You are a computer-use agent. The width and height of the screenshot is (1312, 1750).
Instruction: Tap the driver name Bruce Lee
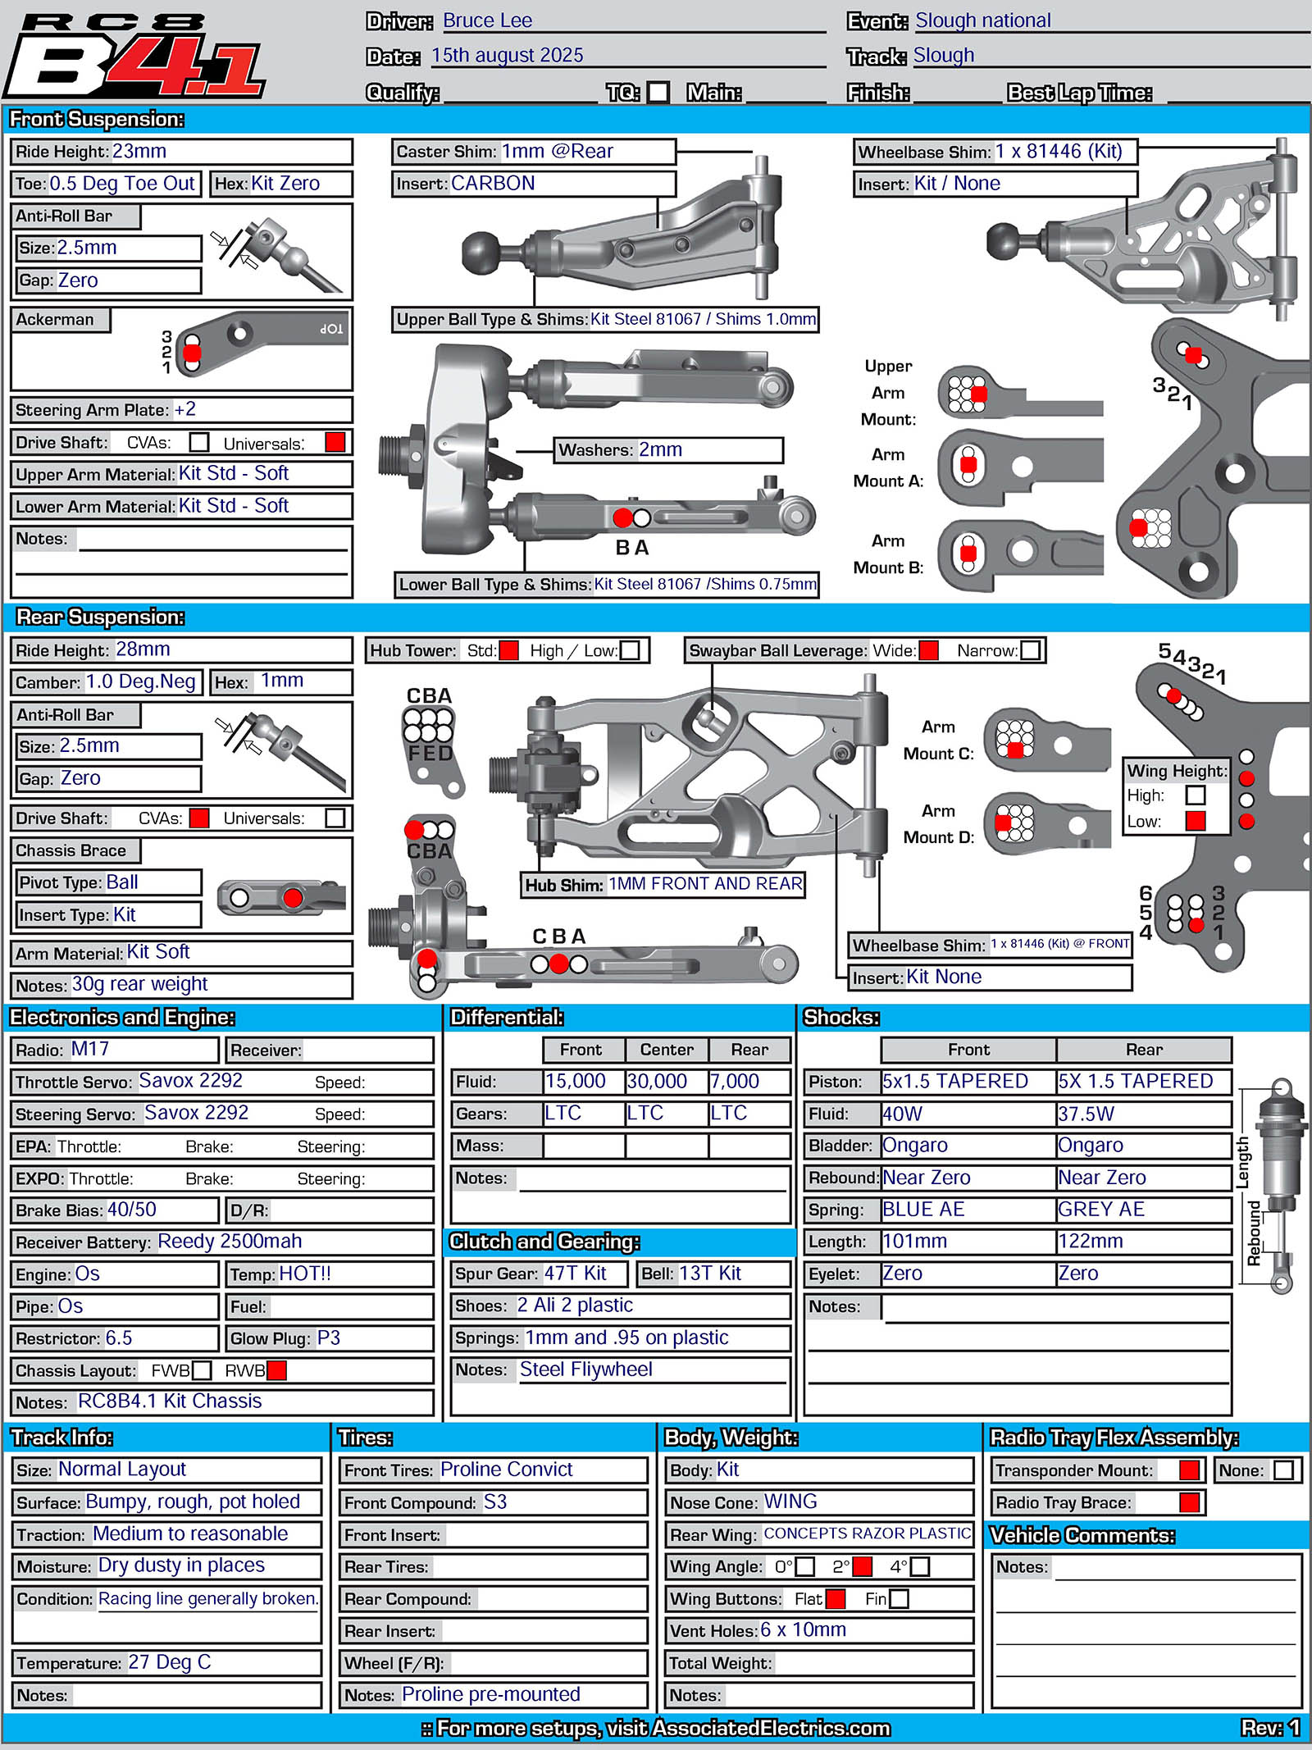coord(487,21)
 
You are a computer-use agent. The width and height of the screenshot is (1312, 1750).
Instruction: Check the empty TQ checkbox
coord(658,92)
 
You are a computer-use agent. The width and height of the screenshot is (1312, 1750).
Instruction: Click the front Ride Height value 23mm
coord(139,152)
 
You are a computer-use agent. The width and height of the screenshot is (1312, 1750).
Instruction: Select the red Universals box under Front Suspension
coord(335,443)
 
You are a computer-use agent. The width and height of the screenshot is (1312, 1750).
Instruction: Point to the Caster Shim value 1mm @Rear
coord(558,152)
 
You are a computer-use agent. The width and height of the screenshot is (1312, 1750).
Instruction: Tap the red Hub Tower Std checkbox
coord(509,650)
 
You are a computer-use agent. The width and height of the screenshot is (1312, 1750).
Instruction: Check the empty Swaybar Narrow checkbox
coord(1030,650)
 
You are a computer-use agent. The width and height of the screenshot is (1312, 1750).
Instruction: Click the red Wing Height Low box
coord(1196,821)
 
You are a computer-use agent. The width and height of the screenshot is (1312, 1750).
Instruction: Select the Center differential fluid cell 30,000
coord(657,1082)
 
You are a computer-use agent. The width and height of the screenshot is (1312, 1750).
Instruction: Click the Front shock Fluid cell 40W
coord(903,1114)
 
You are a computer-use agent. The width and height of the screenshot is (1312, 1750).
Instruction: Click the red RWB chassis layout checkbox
coord(276,1370)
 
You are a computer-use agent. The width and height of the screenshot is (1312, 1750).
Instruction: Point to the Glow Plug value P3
coord(329,1338)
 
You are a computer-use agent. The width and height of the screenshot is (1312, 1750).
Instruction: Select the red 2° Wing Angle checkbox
coord(862,1566)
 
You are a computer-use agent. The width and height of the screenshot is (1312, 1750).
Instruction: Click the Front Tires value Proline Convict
coord(507,1470)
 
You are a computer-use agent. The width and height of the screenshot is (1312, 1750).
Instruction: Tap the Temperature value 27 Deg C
coord(170,1662)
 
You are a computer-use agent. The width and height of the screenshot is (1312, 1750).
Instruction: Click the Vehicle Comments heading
coord(1082,1535)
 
